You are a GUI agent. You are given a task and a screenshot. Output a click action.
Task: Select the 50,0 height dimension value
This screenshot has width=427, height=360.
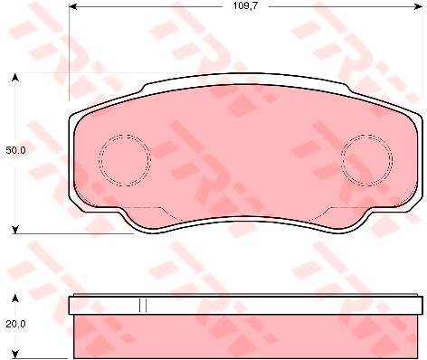tap(16, 150)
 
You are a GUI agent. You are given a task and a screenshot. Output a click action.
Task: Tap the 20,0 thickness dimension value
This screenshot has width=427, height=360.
tap(16, 324)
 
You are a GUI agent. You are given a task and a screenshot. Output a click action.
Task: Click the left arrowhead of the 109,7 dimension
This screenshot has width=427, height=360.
tap(73, 6)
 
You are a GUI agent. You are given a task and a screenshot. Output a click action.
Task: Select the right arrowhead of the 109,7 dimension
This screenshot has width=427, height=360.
tap(419, 6)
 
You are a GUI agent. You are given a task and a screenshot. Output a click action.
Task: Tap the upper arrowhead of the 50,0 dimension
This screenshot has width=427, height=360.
tap(14, 78)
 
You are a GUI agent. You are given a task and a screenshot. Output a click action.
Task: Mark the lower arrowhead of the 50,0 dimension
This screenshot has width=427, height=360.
tap(14, 230)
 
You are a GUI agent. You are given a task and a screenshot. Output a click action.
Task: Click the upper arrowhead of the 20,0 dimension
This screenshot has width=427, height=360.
tap(14, 298)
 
